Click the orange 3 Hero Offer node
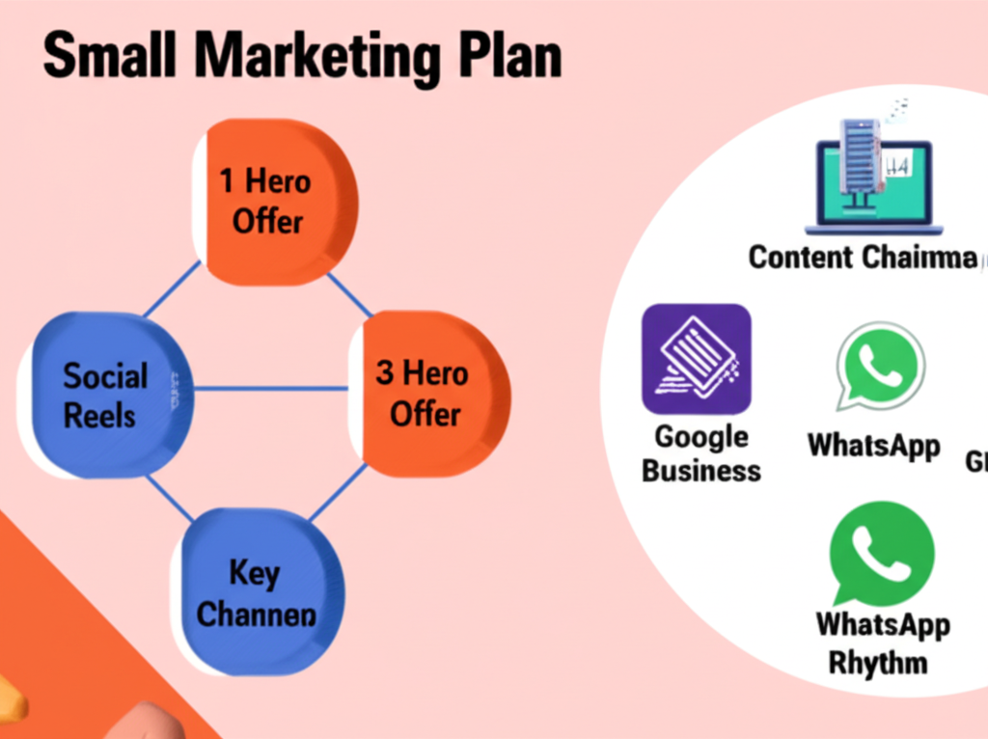coord(429,394)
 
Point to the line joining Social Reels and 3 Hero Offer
coord(270,389)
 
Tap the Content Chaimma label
coord(862,257)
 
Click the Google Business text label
coord(701,453)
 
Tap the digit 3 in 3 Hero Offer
coord(384,372)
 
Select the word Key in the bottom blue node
coord(255,573)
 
